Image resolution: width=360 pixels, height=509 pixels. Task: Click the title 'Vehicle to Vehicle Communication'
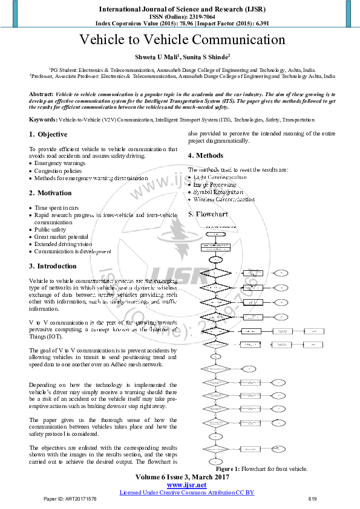pyautogui.click(x=182, y=41)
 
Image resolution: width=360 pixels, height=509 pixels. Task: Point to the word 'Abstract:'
pyautogui.click(x=41, y=95)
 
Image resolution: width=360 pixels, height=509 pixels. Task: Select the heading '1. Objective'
pyautogui.click(x=48, y=134)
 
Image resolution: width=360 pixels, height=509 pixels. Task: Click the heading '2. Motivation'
pyautogui.click(x=50, y=193)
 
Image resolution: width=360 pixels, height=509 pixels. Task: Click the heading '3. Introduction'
pyautogui.click(x=53, y=266)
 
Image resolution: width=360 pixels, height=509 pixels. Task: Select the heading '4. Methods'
pyautogui.click(x=206, y=156)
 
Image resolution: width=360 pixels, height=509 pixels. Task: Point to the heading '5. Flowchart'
pyautogui.click(x=209, y=214)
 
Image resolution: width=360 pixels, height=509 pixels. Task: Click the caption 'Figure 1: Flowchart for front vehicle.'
pyautogui.click(x=262, y=468)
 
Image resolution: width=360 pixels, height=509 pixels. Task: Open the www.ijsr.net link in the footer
pyautogui.click(x=186, y=485)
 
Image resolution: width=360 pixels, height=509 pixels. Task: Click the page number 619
pyautogui.click(x=312, y=499)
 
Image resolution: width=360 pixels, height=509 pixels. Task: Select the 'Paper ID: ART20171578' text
pyautogui.click(x=70, y=499)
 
